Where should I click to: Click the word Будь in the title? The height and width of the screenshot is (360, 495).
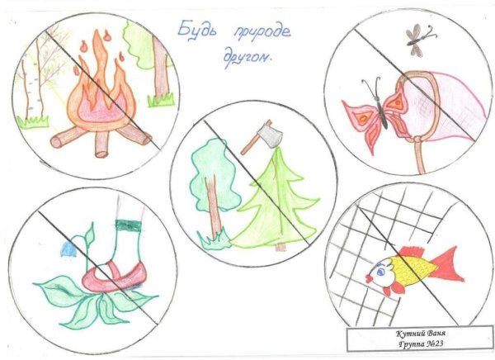point(196,31)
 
